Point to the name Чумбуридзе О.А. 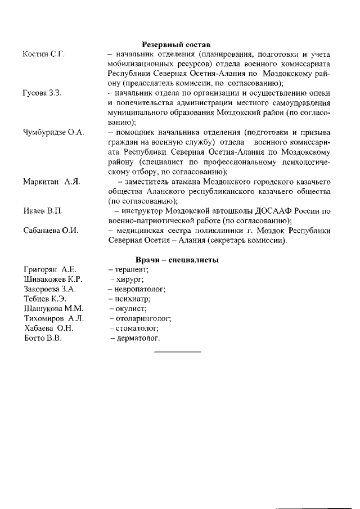coord(53,132)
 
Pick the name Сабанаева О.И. coord(51,231)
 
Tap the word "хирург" coord(130,280)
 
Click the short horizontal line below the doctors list coord(177,352)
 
